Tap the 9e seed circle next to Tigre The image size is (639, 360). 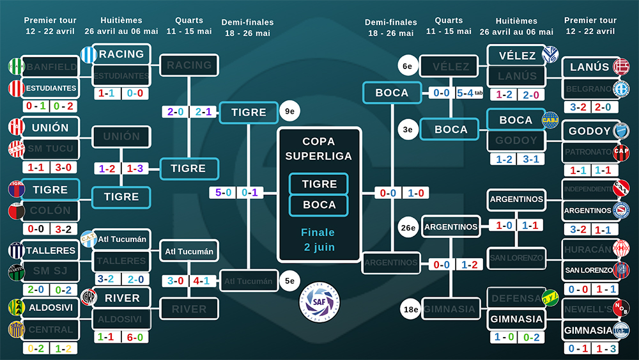[x=289, y=111]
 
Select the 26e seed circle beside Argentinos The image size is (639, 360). [x=408, y=226]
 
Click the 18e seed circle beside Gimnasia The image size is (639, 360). [x=410, y=309]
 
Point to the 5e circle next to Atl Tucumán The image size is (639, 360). [x=289, y=279]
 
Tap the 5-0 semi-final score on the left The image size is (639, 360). [x=223, y=192]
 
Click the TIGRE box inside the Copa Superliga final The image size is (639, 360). [x=319, y=184]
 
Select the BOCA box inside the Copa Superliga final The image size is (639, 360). [x=319, y=205]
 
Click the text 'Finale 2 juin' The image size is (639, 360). [x=318, y=239]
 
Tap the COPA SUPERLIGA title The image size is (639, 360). [x=319, y=148]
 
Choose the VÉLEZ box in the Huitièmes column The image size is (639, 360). [x=518, y=56]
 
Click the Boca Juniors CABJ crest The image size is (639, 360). [x=550, y=119]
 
